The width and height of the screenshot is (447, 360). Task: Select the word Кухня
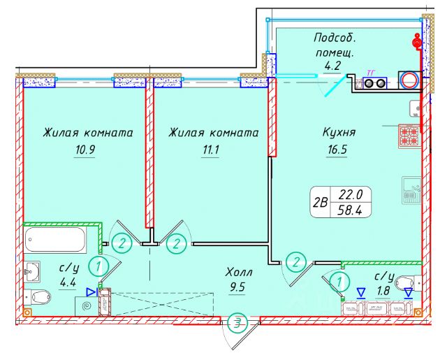340,131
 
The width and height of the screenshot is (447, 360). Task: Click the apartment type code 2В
321,203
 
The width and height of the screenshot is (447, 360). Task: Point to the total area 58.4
356,209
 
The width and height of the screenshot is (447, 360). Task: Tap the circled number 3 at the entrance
239,323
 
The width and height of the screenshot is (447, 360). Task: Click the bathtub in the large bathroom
56,241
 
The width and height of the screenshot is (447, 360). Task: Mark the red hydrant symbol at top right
418,44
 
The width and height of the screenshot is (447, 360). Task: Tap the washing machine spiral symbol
87,305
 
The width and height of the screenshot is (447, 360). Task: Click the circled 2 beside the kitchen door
298,263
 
